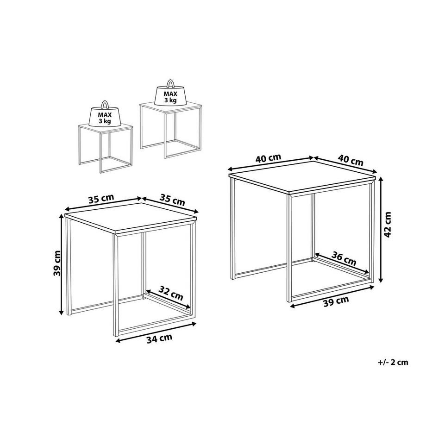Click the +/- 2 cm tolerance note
click(394, 362)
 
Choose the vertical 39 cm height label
click(57, 263)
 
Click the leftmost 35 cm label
click(101, 199)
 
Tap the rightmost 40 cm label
click(351, 160)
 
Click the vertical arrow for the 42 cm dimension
click(380, 229)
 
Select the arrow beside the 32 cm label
click(168, 300)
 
